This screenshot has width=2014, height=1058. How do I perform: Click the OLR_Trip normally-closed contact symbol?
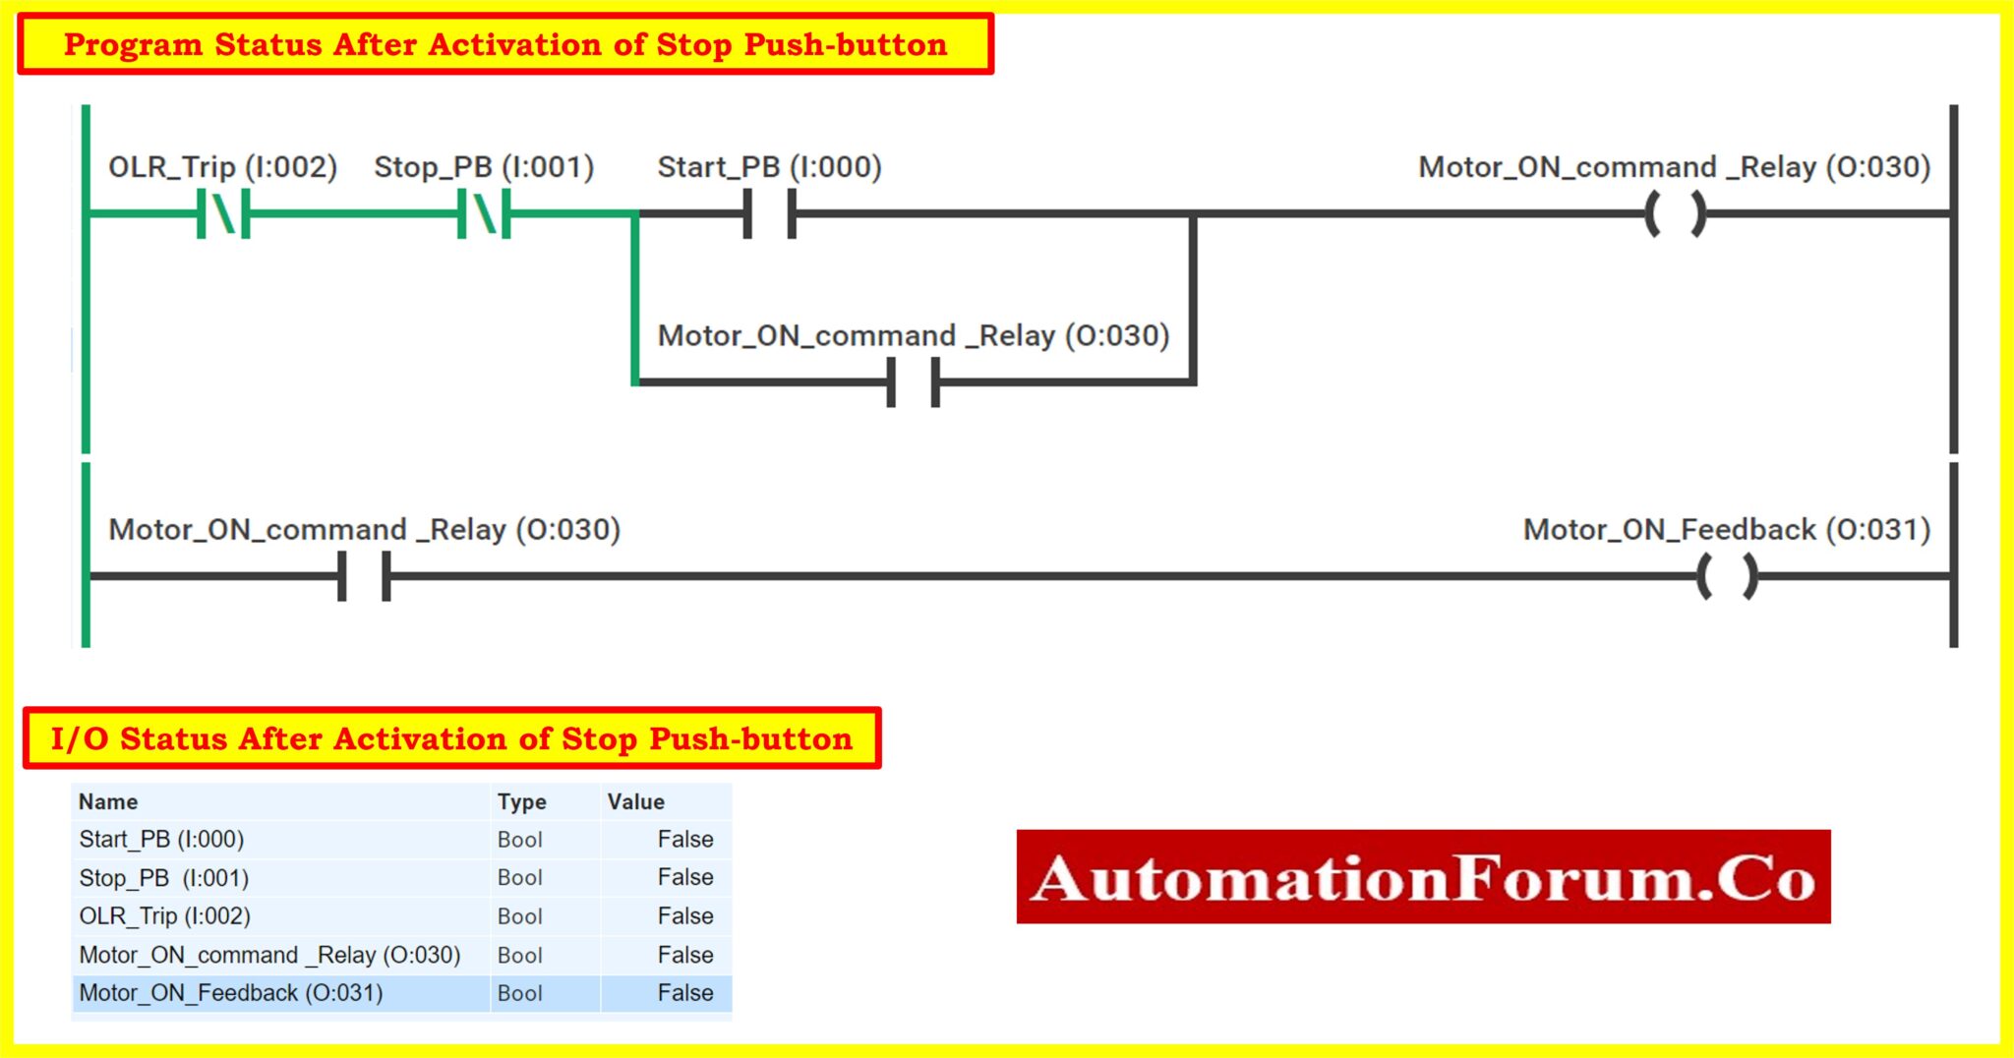pos(223,213)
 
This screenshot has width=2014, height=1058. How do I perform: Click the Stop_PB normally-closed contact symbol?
pos(484,213)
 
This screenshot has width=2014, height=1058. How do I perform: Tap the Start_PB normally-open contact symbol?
pos(769,213)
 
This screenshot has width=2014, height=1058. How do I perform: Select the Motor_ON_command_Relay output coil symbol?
pos(1675,213)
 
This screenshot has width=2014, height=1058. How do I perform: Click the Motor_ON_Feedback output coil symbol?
pos(1727,576)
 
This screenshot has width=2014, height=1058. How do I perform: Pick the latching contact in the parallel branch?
pos(914,382)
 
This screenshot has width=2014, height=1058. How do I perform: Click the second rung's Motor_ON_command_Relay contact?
pos(364,576)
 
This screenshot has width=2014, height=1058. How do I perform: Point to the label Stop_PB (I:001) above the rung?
pos(484,167)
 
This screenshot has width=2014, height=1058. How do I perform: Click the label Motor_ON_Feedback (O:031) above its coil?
pos(1726,530)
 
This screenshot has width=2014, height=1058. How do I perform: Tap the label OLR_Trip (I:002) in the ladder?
pos(222,167)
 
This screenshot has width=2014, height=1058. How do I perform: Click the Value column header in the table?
pos(635,801)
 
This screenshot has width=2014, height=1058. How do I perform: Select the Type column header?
pos(521,801)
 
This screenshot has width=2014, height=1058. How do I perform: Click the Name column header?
pos(108,801)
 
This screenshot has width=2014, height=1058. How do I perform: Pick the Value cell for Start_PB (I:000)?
pos(684,840)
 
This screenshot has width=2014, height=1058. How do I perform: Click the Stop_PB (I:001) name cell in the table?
pos(163,878)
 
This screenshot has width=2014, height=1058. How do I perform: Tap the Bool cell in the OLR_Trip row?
pos(519,916)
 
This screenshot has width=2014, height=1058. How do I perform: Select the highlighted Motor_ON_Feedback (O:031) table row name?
pos(230,993)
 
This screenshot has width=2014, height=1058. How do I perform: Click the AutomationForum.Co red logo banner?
pos(1423,877)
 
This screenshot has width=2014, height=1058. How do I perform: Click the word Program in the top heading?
pos(133,44)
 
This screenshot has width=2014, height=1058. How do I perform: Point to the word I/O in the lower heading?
pos(80,738)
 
